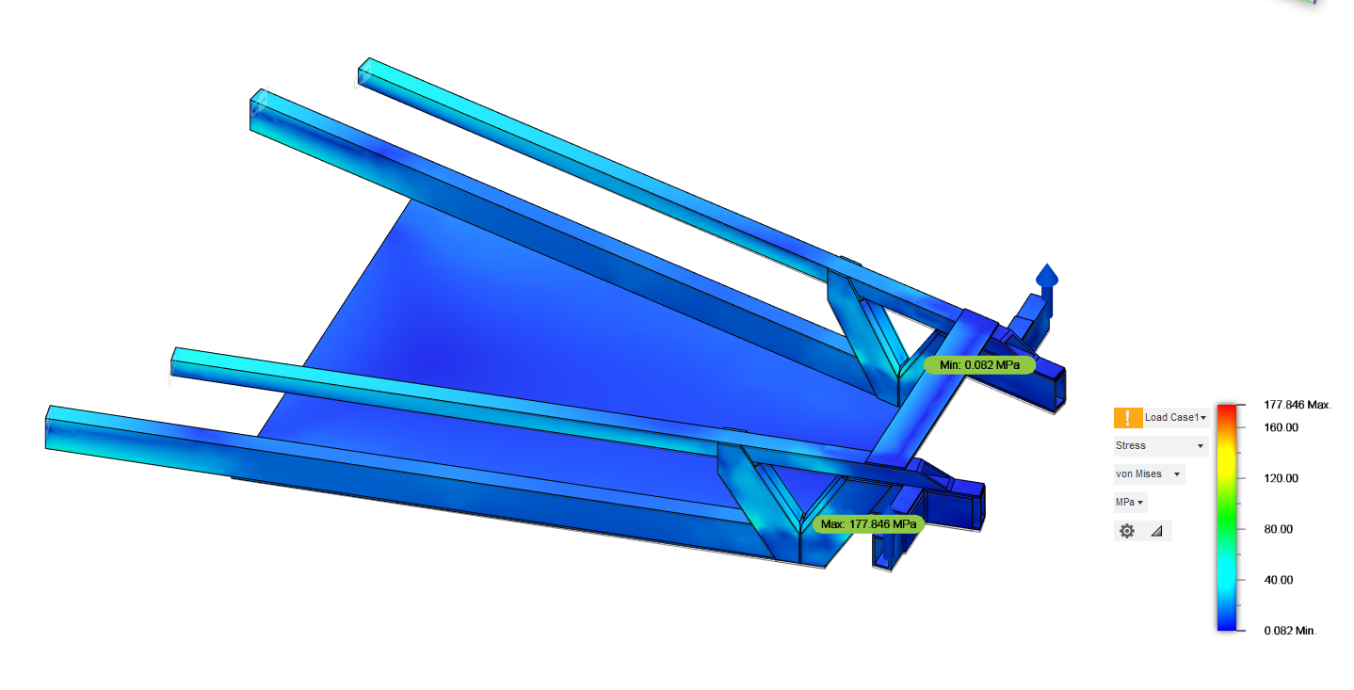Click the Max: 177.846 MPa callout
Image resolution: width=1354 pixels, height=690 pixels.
point(868,523)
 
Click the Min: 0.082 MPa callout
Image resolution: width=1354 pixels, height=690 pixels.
point(979,365)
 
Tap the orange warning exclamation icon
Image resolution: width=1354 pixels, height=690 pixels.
point(1127,418)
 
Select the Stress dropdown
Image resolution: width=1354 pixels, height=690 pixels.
point(1160,445)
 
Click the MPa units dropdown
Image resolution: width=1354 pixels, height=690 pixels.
point(1130,502)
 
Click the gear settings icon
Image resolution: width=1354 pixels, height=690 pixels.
point(1127,531)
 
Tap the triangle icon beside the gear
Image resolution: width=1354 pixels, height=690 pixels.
point(1157,531)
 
